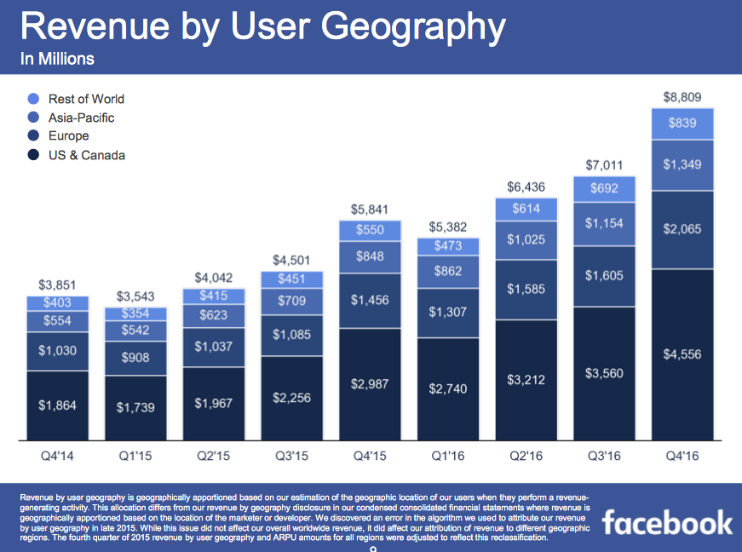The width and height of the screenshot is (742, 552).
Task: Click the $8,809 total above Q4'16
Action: (682, 96)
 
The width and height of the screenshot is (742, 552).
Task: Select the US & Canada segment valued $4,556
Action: (682, 354)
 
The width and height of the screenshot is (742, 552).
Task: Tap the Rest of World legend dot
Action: (34, 99)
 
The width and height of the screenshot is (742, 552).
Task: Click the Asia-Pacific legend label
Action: (82, 118)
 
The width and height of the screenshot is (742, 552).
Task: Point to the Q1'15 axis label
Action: (135, 456)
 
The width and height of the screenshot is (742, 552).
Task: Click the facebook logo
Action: (668, 521)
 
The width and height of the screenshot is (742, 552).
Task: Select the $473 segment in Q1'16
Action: (448, 246)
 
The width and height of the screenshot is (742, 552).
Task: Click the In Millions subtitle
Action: (57, 59)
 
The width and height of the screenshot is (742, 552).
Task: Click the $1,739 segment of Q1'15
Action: (135, 407)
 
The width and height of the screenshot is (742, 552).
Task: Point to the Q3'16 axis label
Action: (603, 456)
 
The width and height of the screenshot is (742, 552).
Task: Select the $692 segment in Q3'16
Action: (603, 189)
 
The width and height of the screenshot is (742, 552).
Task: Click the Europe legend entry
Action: (68, 136)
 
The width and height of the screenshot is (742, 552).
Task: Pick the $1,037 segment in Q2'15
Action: (213, 347)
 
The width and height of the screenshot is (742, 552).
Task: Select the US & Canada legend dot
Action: (34, 155)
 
